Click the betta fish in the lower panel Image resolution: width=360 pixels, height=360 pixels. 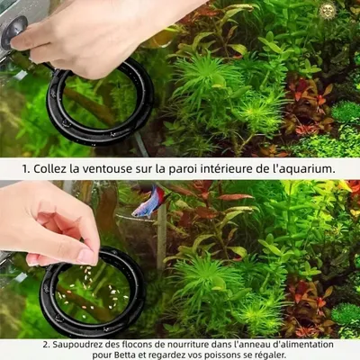pos(148,202)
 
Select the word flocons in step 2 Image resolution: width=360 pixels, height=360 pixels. pos(131,345)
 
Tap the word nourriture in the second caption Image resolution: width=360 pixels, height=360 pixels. pos(184,345)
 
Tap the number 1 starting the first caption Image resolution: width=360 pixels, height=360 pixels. pos(25,168)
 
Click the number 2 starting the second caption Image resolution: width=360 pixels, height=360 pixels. pos(45,345)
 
